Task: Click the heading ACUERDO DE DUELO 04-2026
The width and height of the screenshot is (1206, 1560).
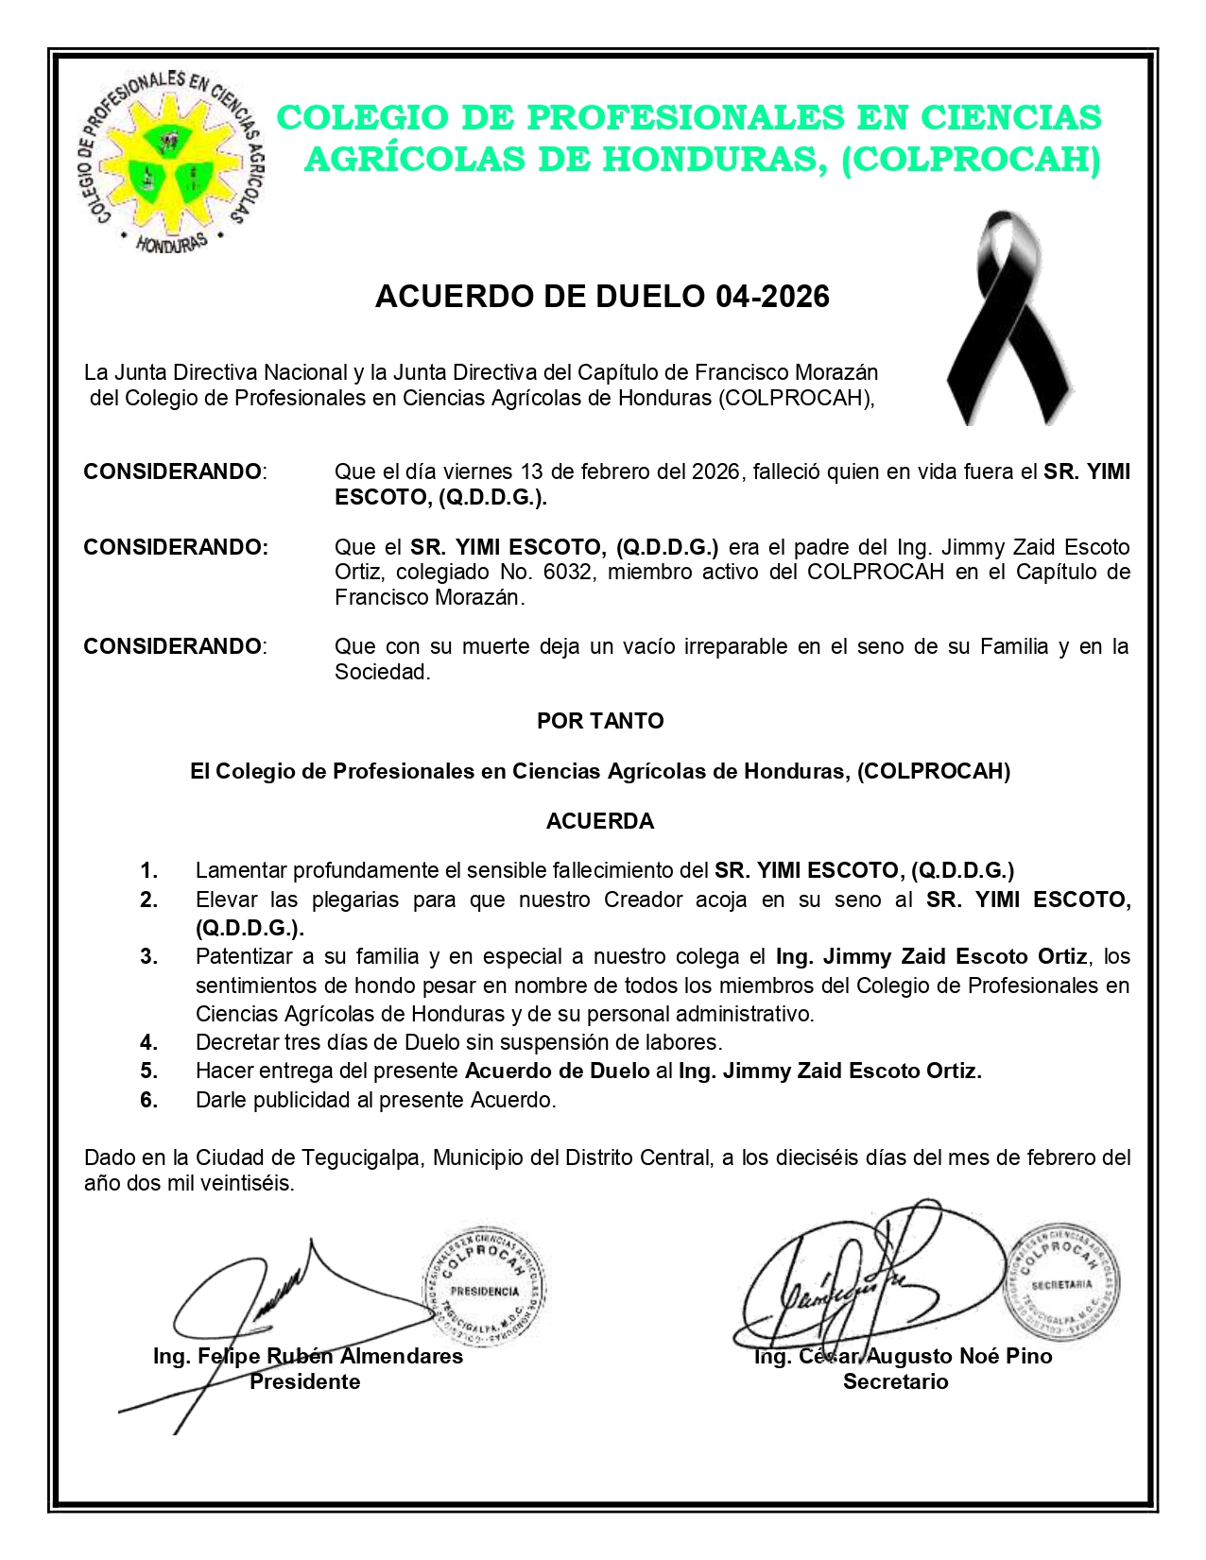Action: point(602,297)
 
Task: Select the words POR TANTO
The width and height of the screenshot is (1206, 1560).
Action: point(600,721)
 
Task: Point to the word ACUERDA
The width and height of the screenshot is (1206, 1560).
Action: point(600,821)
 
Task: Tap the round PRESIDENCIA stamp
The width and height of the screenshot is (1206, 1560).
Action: point(484,1289)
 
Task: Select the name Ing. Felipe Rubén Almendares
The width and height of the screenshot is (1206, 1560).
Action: point(308,1357)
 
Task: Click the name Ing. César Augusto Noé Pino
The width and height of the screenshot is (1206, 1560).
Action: point(903,1357)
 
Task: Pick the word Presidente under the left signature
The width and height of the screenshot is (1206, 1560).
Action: point(304,1381)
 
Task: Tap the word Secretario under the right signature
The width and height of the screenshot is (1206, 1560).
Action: point(895,1381)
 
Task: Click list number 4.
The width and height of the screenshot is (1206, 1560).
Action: point(149,1042)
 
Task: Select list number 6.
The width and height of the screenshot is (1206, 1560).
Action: point(149,1100)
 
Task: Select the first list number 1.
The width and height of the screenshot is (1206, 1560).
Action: point(149,870)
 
